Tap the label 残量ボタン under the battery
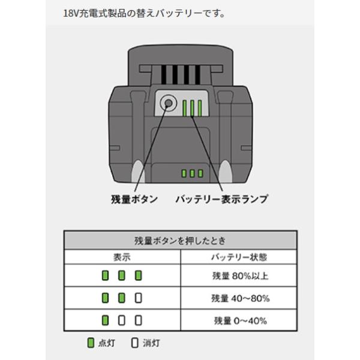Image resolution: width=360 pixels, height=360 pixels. pos(134,199)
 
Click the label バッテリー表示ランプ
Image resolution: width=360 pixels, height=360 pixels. pos(222,199)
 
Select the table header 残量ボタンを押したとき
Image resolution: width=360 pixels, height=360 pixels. pos(181,241)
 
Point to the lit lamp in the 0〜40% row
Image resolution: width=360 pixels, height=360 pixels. pos(105,320)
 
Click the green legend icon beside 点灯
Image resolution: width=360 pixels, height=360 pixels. pos(91,344)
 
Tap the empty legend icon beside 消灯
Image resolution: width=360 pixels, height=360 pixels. pos(134,344)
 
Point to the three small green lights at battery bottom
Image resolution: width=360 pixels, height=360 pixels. pos(193,173)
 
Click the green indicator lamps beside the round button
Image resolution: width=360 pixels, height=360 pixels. pos(194,108)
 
